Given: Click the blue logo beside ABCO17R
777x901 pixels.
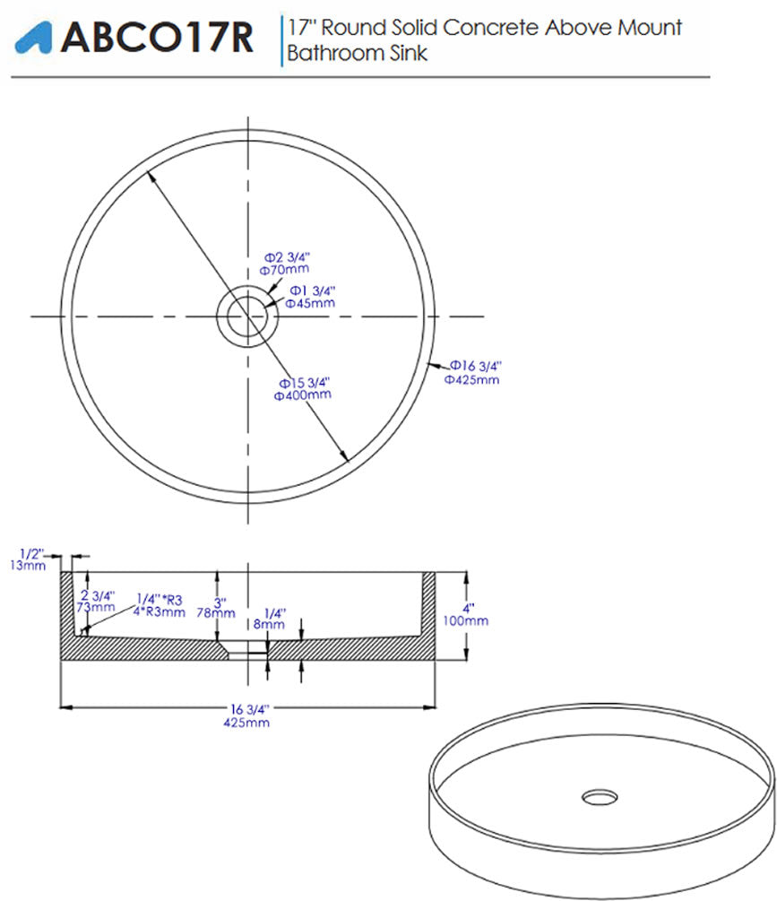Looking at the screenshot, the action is pyautogui.click(x=33, y=39).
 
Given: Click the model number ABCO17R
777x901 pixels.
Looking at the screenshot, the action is pyautogui.click(x=157, y=38).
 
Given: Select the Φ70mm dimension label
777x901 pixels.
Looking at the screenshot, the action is pyautogui.click(x=284, y=270).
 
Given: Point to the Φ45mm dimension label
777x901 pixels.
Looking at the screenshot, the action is pyautogui.click(x=310, y=303).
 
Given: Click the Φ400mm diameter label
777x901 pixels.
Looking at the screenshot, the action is pyautogui.click(x=303, y=395).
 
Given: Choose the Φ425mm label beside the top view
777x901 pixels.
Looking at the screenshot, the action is pyautogui.click(x=471, y=380).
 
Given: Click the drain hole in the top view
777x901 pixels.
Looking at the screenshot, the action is pyautogui.click(x=247, y=316).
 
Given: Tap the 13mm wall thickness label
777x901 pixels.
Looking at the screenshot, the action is pyautogui.click(x=28, y=566).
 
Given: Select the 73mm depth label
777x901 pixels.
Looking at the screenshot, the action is pyautogui.click(x=96, y=607).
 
